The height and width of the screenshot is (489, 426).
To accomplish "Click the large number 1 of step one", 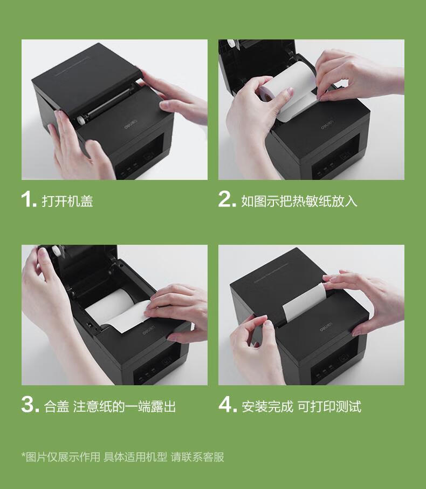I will [29, 200].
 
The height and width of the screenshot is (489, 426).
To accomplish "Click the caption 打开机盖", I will [67, 201].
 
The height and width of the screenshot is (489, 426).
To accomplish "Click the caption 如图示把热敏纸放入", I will [299, 201].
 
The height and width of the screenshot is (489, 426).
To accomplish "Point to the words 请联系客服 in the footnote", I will [197, 457].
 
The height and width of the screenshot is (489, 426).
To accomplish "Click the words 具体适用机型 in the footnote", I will [135, 457].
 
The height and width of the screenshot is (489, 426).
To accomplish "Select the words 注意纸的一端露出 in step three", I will [124, 406].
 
